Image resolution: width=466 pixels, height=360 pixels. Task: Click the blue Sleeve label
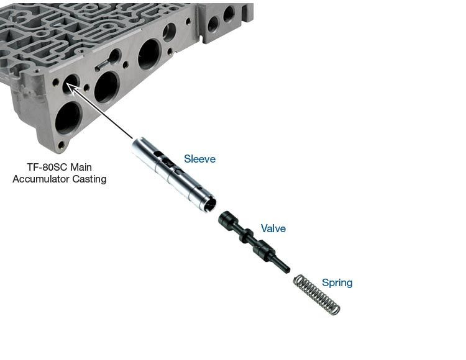(199, 159)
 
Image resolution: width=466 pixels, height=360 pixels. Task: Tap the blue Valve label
(273, 228)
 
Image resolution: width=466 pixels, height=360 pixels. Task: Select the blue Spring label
(337, 283)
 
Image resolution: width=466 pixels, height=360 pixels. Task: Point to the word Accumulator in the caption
(42, 179)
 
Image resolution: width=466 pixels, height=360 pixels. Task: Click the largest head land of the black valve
(227, 220)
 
